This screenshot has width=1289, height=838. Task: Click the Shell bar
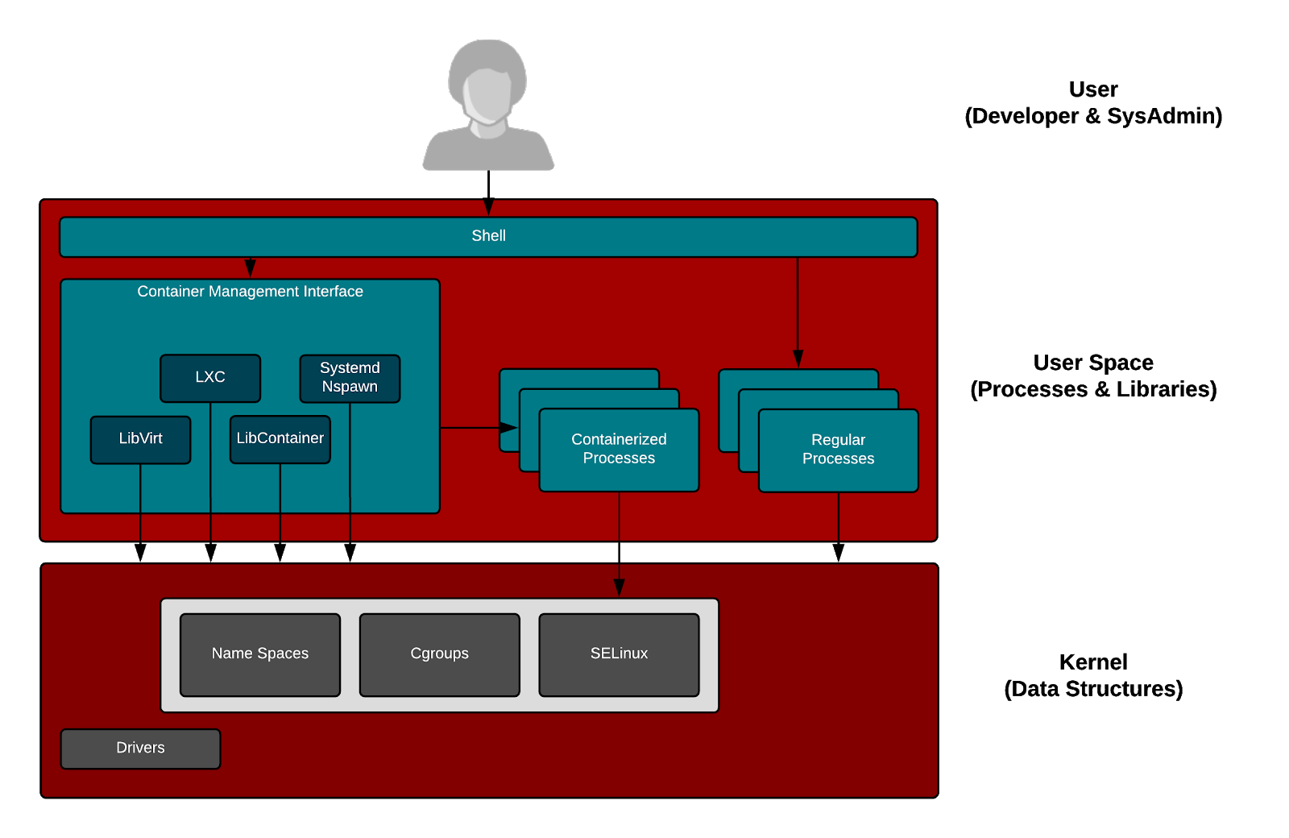coord(488,236)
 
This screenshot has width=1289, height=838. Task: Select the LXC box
coord(210,377)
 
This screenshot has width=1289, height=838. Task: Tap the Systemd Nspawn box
coord(350,378)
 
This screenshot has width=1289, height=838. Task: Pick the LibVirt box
coord(140,439)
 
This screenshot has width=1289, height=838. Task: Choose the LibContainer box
coord(280,439)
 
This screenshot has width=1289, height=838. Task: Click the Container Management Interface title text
coord(250,292)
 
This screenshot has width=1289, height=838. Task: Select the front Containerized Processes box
coord(619,450)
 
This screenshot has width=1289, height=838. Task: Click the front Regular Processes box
coord(838,450)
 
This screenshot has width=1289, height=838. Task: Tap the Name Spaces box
coord(260,654)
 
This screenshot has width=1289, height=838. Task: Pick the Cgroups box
coord(439,654)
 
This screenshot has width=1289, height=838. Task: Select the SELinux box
coord(619,654)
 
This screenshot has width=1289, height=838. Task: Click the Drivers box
coord(140,749)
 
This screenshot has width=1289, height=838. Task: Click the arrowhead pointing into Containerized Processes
coord(508,428)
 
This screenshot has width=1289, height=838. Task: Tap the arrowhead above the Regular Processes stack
coord(798,359)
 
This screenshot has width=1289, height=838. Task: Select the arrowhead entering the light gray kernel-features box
coord(619,588)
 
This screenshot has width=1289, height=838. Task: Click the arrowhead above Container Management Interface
coord(250,268)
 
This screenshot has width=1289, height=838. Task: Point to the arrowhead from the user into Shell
coord(488,207)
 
